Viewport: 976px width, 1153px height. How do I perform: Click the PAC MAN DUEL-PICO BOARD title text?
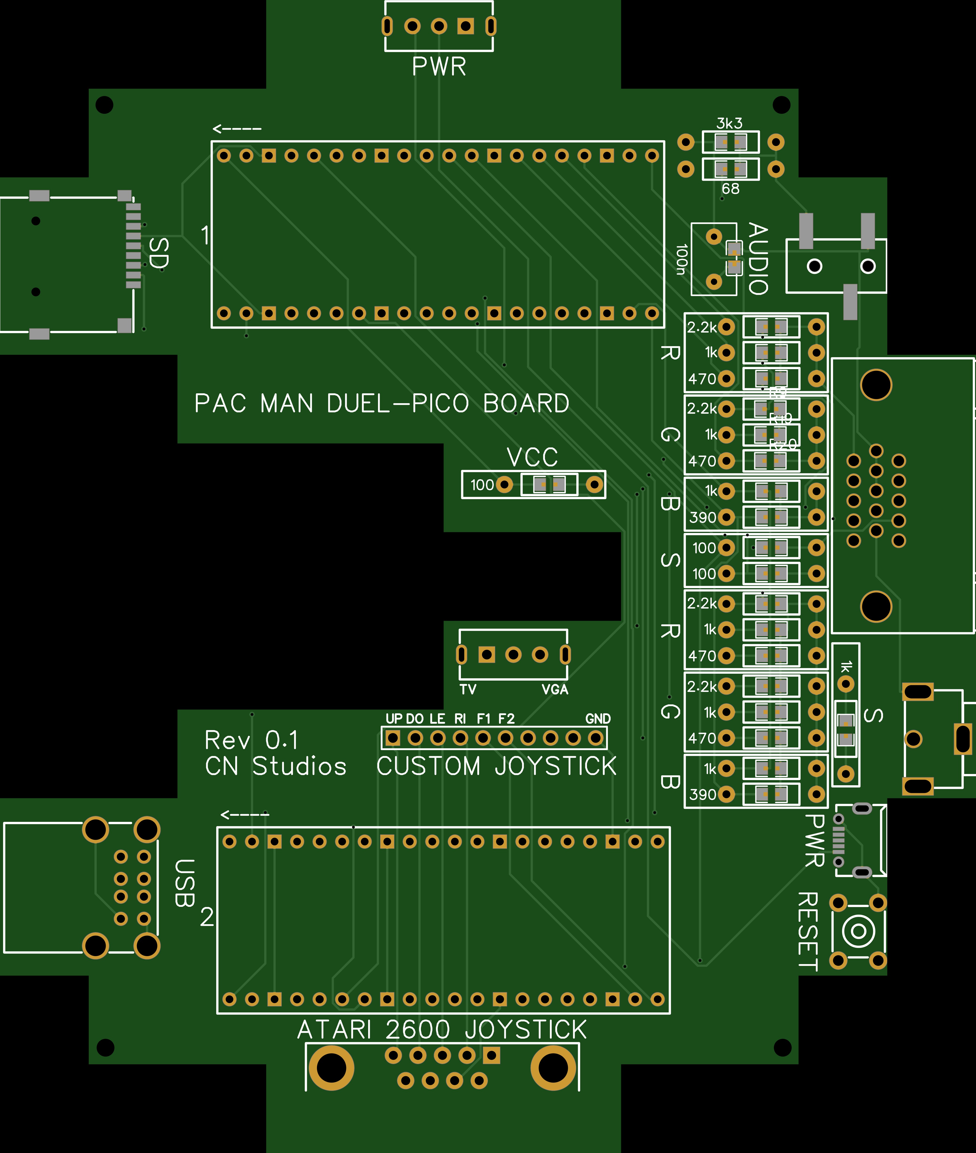click(382, 404)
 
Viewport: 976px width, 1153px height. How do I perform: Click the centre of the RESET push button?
click(858, 931)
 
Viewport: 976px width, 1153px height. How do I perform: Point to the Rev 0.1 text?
click(251, 740)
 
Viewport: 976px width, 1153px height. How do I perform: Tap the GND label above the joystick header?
click(598, 719)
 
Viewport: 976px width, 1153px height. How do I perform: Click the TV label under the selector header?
click(468, 690)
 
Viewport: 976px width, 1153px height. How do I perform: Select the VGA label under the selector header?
click(555, 690)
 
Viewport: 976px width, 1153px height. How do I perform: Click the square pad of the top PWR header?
click(466, 26)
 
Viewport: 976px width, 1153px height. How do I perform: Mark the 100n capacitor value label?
click(682, 259)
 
